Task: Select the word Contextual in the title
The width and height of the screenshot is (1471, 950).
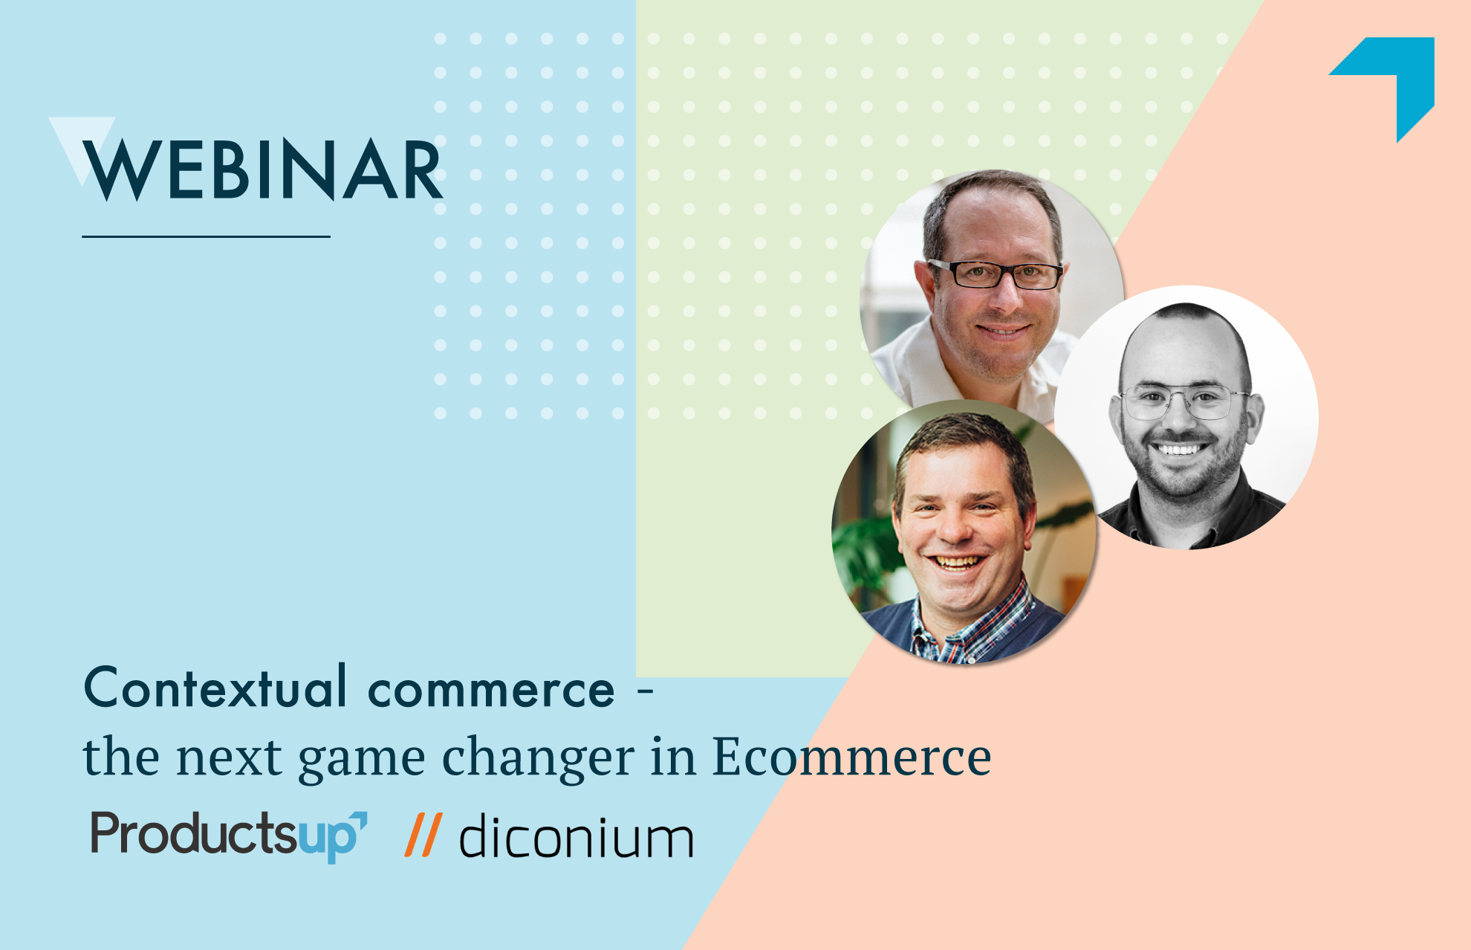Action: (215, 687)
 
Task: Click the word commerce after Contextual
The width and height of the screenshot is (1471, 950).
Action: (491, 691)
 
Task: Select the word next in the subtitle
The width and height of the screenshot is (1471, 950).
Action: (229, 758)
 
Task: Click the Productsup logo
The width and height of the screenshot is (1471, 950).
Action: (229, 836)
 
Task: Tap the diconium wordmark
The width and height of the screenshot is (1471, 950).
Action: (577, 836)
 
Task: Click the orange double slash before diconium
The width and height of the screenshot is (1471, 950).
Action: (423, 835)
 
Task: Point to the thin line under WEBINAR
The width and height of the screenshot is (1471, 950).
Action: (206, 236)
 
